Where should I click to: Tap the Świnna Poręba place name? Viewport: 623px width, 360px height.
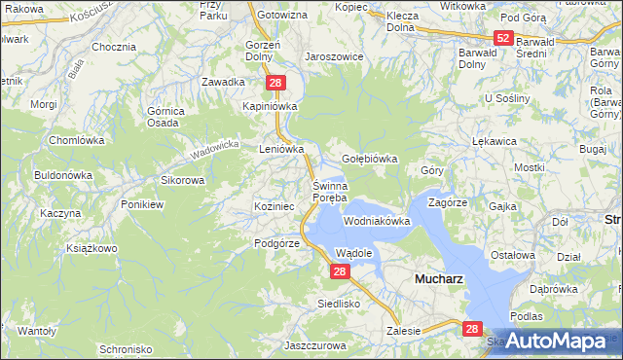point(329,192)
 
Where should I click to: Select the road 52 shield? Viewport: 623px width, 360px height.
point(502,38)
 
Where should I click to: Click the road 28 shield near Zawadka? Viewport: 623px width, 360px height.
point(276,84)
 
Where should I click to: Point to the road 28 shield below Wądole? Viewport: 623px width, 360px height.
point(339,273)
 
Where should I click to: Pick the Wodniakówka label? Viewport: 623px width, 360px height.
point(377,222)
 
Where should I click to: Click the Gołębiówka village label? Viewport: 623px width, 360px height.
point(370,159)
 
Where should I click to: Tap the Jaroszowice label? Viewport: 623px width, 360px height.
point(334,56)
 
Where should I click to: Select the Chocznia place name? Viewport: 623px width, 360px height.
point(113,47)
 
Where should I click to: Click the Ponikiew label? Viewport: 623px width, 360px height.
point(142,204)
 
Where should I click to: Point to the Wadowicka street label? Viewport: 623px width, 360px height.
point(215,149)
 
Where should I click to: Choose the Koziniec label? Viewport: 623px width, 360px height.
point(273,206)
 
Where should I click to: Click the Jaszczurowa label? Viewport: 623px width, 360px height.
point(317,345)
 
